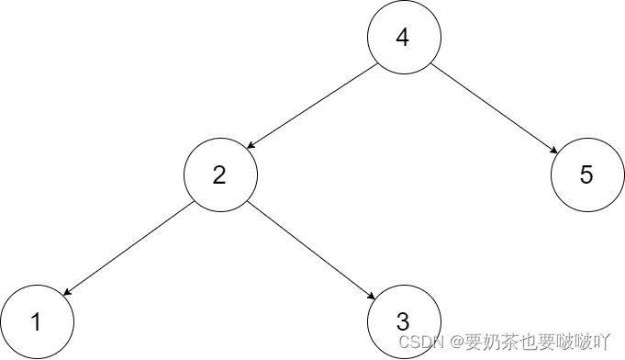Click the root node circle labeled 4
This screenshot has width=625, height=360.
[404, 38]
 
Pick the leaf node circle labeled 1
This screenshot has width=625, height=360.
[36, 321]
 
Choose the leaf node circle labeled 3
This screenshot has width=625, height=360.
[404, 321]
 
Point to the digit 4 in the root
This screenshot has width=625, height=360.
[401, 38]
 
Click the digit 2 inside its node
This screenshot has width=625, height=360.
[218, 174]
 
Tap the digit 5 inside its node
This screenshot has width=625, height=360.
[586, 175]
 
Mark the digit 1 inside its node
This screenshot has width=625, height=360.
[36, 322]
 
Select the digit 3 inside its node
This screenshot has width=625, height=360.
[402, 321]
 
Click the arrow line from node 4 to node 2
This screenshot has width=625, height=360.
[312, 106]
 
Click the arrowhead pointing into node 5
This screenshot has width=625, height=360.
[553, 150]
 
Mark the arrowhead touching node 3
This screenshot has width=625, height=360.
[372, 297]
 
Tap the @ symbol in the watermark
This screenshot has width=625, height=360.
[442, 342]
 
